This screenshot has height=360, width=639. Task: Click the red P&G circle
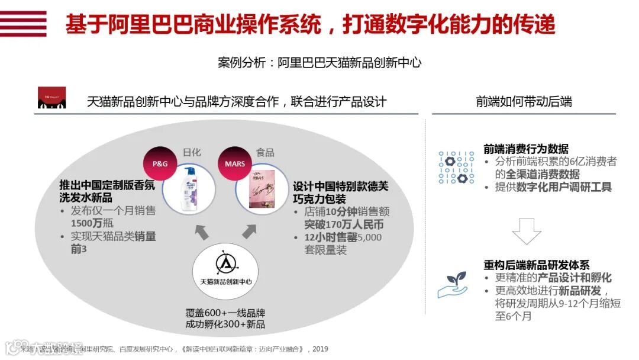click(x=160, y=163)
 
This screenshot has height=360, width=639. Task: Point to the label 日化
click(x=192, y=152)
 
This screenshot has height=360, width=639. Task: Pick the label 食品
click(x=265, y=152)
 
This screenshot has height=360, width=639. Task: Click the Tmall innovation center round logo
click(x=225, y=272)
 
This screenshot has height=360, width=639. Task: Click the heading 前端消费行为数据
click(x=526, y=149)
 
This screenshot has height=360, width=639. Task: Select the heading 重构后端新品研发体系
click(x=537, y=265)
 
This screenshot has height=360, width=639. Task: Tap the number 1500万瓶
click(x=92, y=223)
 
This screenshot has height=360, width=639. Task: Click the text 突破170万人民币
click(x=344, y=224)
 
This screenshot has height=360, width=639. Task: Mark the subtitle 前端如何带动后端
click(x=524, y=101)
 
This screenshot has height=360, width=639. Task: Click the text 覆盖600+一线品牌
click(x=225, y=313)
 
